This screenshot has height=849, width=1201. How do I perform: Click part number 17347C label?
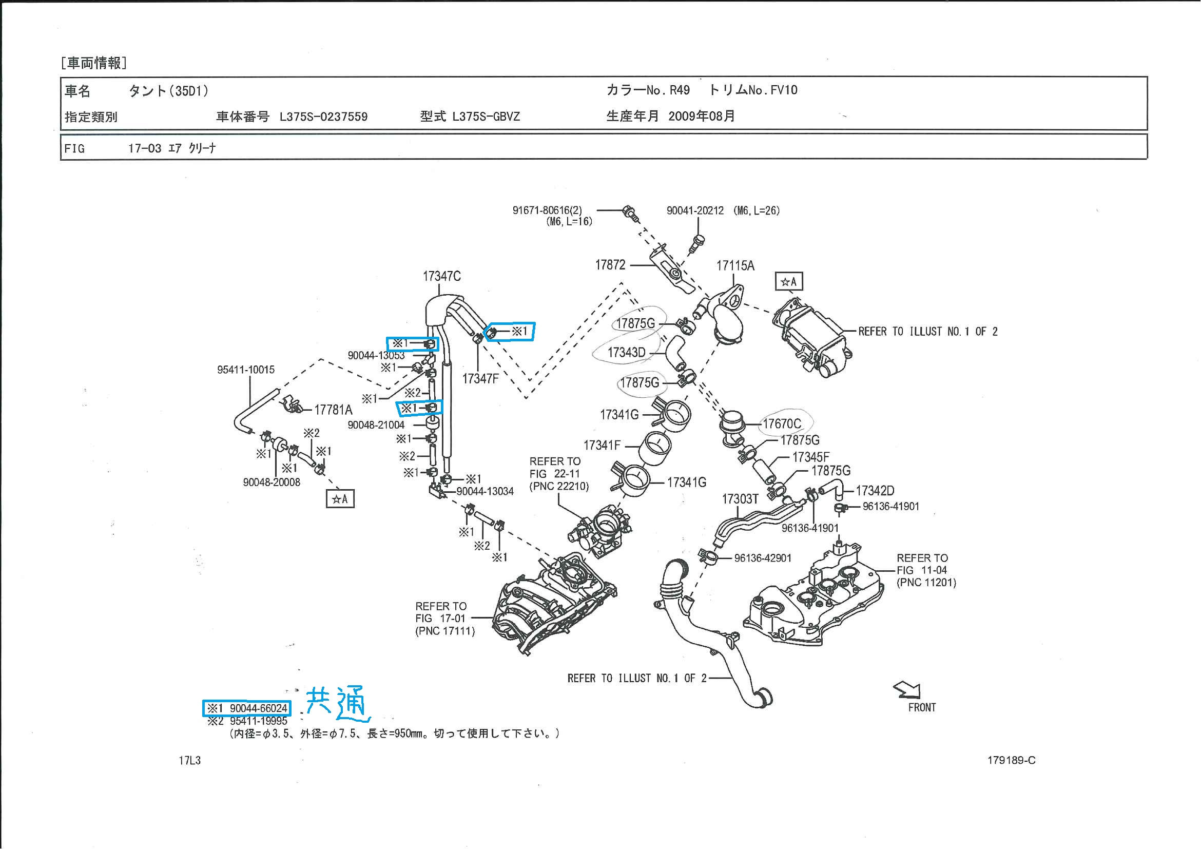(441, 276)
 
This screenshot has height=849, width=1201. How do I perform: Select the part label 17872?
(610, 265)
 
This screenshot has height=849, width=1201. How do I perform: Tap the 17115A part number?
(735, 266)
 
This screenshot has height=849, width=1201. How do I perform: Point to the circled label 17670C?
(782, 423)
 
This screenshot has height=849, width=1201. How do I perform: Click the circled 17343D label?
(626, 353)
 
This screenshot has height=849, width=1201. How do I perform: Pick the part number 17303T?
(740, 499)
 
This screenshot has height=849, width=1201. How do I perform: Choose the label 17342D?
(875, 491)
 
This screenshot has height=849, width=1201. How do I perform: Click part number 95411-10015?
(246, 370)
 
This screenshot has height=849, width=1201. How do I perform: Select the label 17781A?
(333, 410)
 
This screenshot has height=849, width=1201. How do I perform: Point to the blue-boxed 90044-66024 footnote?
(247, 708)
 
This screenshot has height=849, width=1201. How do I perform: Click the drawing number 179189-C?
(1011, 761)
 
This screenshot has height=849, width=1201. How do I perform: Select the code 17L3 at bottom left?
(189, 761)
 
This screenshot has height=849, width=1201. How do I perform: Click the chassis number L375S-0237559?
(323, 117)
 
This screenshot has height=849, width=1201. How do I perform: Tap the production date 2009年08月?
(702, 116)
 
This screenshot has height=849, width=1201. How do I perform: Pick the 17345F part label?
(810, 457)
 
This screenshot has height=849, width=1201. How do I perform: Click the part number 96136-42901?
(762, 558)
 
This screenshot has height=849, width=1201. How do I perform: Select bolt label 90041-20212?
(694, 211)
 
